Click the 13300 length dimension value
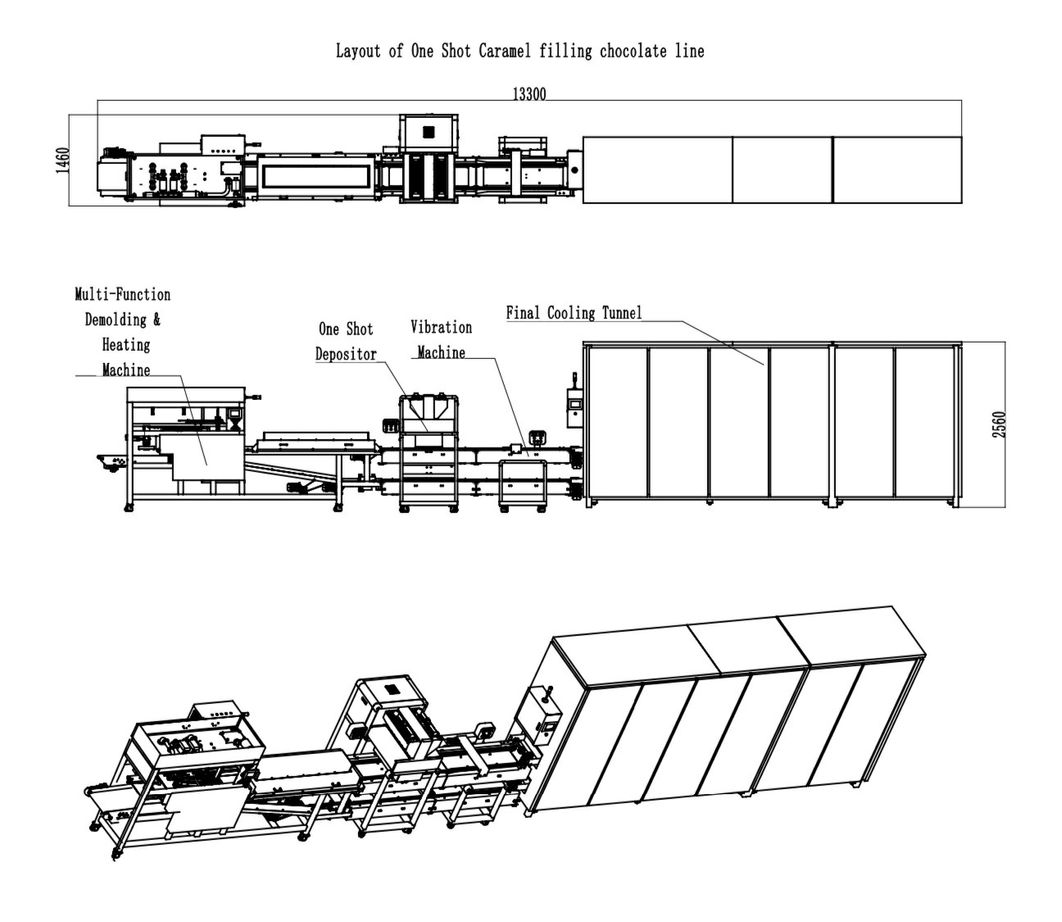pos(529,94)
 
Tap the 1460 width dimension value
pos(62,160)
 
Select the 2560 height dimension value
pos(999,425)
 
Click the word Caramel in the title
pos(505,51)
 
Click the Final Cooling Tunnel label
pos(574,312)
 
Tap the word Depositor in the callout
pos(346,354)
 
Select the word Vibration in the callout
pos(441,327)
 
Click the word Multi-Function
pos(122,294)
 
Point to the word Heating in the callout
pos(126,345)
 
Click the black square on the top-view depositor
pos(428,132)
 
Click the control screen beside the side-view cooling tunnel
pos(574,403)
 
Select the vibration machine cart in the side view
pos(523,484)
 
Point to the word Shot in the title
pos(456,51)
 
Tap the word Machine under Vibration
pos(441,352)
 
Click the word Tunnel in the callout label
pos(622,312)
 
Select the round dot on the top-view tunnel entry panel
pos(574,170)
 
